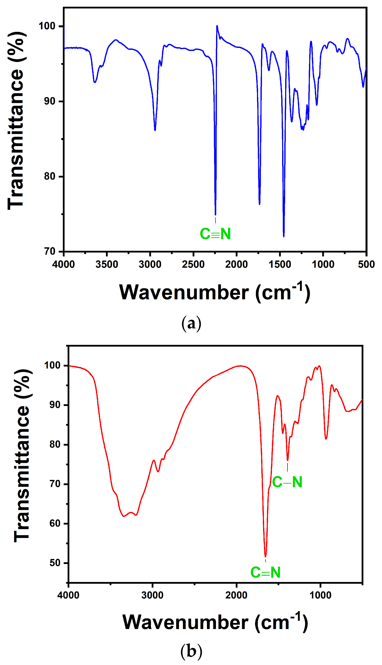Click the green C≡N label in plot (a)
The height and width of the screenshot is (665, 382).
(215, 234)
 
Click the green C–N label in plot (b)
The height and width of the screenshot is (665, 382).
(287, 482)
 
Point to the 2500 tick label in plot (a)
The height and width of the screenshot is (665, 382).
(193, 264)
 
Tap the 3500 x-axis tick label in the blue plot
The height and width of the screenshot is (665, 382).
(107, 264)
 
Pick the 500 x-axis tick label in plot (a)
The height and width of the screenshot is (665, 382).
(366, 264)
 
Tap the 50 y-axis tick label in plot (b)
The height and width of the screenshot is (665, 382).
(55, 563)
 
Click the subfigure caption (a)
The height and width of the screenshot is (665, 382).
(191, 324)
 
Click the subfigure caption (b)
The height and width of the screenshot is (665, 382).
(191, 651)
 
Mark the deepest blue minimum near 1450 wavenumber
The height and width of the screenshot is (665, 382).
(284, 236)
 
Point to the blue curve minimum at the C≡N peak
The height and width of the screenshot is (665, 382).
(215, 214)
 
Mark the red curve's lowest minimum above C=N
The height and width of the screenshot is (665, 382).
(265, 556)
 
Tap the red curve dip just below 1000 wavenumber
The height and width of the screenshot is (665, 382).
(326, 439)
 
